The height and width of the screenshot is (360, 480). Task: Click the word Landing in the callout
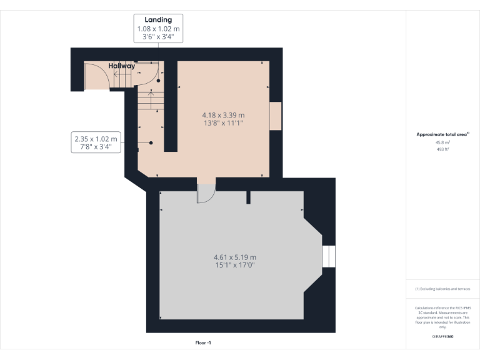pyautogui.click(x=159, y=20)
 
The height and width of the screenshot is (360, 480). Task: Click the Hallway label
pyautogui.click(x=121, y=66)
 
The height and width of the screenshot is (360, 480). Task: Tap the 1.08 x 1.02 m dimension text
pyautogui.click(x=159, y=29)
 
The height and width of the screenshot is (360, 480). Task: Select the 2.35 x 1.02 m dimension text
pyautogui.click(x=96, y=139)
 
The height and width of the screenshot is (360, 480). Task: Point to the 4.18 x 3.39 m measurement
pyautogui.click(x=223, y=115)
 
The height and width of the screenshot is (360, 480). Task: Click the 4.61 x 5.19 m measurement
pyautogui.click(x=234, y=257)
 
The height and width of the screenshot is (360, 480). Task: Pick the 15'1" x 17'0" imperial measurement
pyautogui.click(x=234, y=266)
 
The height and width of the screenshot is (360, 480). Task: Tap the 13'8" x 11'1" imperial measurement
pyautogui.click(x=223, y=123)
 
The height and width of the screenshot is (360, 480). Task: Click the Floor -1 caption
pyautogui.click(x=203, y=342)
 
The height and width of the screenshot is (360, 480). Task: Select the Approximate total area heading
pyautogui.click(x=442, y=134)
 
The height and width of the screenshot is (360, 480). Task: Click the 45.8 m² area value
pyautogui.click(x=442, y=142)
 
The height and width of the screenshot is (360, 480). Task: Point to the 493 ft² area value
pyautogui.click(x=442, y=149)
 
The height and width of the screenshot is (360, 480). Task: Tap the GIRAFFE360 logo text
pyautogui.click(x=442, y=336)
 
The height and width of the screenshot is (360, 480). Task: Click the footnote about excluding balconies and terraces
pyautogui.click(x=442, y=289)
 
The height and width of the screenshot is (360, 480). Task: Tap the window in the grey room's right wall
pyautogui.click(x=329, y=256)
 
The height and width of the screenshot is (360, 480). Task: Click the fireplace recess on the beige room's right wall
pyautogui.click(x=275, y=116)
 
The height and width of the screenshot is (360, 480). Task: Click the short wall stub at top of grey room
pyautogui.click(x=248, y=197)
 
